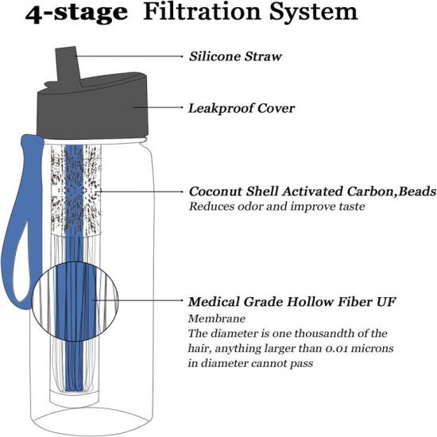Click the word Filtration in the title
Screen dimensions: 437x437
click(203, 12)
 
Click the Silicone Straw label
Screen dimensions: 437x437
click(235, 56)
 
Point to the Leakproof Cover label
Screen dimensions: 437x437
click(242, 108)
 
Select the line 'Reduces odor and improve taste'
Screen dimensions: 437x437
click(277, 207)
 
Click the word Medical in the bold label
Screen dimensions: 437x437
click(214, 302)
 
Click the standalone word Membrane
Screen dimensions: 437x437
click(217, 319)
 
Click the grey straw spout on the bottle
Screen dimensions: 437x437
click(68, 64)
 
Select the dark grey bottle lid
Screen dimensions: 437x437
click(93, 106)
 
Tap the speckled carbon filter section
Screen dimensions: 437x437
click(75, 190)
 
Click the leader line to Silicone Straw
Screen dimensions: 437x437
click(129, 56)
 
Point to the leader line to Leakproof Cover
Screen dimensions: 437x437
click(158, 107)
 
